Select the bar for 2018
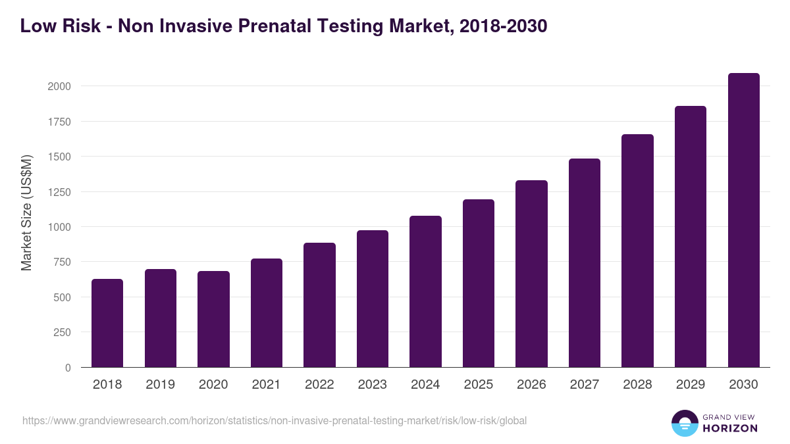point(107,323)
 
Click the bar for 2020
point(213,319)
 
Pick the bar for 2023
point(373,299)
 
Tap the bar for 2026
point(531,274)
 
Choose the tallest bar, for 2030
point(743,220)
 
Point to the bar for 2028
point(637,251)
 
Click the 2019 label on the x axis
point(160,385)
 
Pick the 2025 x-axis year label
point(478,385)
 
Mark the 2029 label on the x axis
point(690,385)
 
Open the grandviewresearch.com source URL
point(275,420)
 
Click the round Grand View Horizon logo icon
point(684,423)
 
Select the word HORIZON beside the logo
point(729,428)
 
